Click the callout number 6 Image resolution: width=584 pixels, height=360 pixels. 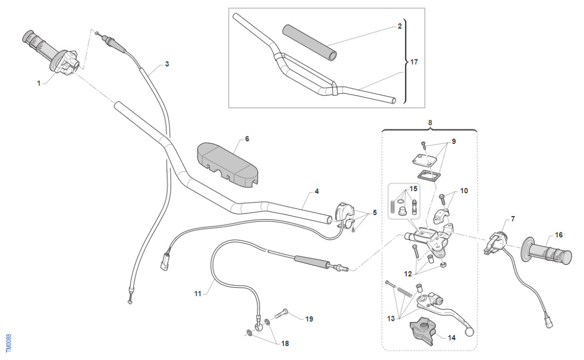(x=246, y=139)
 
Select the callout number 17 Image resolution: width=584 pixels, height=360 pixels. (x=414, y=62)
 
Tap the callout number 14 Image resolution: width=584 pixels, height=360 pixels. (x=452, y=337)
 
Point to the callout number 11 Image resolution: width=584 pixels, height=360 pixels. (x=198, y=293)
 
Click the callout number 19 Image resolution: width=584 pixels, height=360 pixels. (x=308, y=319)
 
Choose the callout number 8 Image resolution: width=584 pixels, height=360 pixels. (x=430, y=123)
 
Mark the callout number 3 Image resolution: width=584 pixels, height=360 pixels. (x=167, y=64)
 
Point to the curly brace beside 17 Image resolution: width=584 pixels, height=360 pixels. (x=406, y=62)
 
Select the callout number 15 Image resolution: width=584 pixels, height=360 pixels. (x=414, y=189)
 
